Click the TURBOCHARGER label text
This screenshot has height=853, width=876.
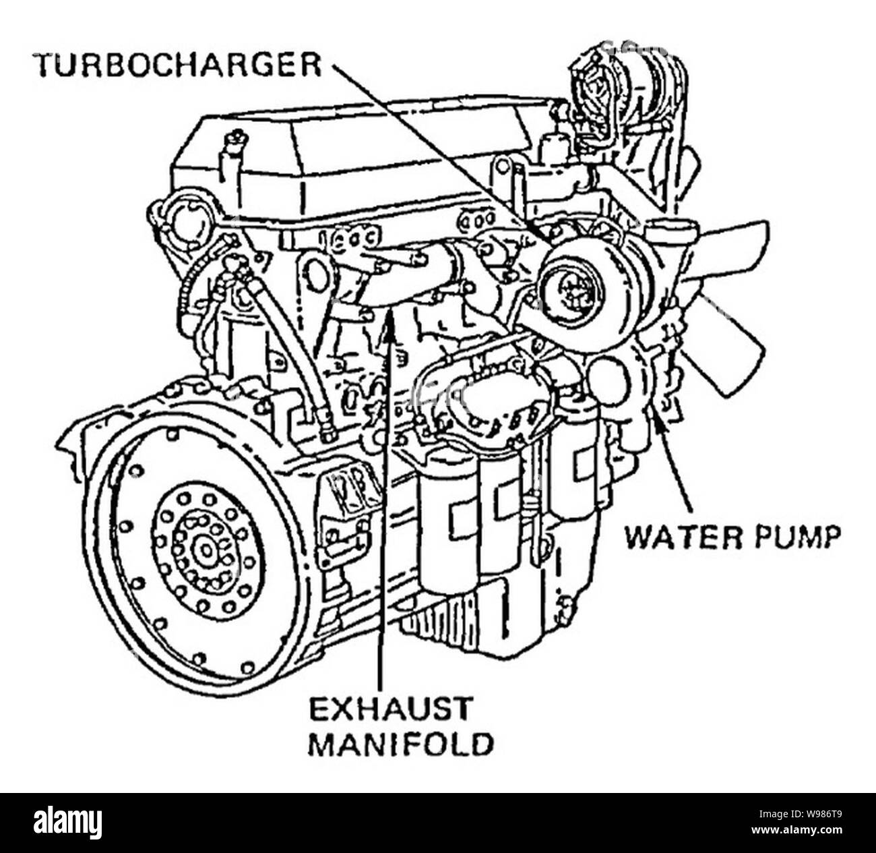[177, 65]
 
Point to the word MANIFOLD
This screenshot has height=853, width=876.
[400, 745]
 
